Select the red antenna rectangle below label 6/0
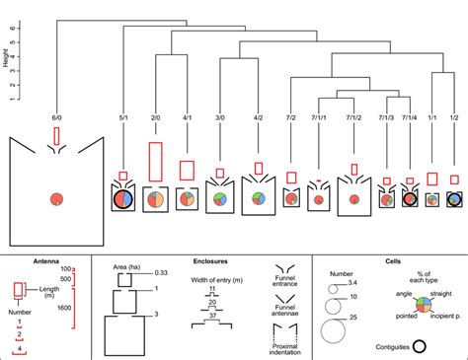point(57,135)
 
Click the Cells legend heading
point(390,262)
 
